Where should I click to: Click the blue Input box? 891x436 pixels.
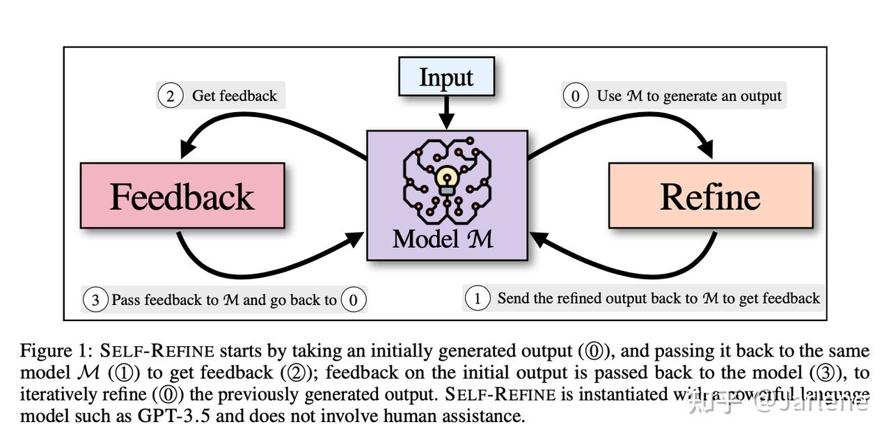445,77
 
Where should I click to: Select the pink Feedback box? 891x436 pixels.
182,196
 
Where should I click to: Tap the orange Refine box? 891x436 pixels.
710,196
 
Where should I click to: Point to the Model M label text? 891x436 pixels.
443,239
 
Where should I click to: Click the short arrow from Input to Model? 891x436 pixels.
446,111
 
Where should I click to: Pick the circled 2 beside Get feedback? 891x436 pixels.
170,95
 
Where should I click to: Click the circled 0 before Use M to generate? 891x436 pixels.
575,95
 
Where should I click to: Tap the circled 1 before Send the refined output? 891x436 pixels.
478,299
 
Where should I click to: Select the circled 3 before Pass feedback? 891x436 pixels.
95,300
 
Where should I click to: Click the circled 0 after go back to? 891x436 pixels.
354,300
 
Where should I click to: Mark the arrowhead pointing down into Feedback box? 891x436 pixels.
187,149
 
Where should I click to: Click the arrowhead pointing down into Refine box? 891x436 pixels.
705,149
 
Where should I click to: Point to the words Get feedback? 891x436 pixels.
235,95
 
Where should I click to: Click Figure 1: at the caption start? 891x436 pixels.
56,350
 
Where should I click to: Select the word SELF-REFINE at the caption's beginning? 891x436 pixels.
157,350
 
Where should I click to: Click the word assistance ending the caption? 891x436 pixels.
487,416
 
